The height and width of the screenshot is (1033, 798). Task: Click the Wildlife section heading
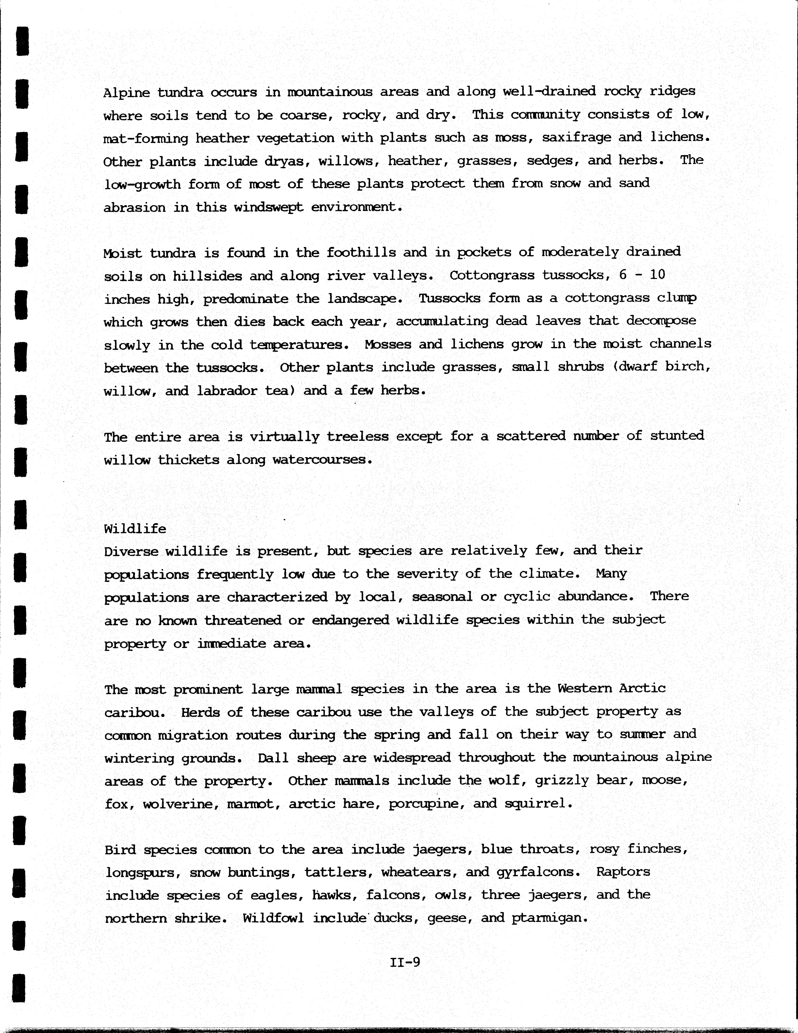click(x=135, y=528)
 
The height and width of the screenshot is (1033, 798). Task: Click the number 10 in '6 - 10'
click(x=657, y=274)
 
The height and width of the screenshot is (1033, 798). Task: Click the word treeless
click(x=358, y=436)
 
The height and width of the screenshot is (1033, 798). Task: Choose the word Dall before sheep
click(x=273, y=758)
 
